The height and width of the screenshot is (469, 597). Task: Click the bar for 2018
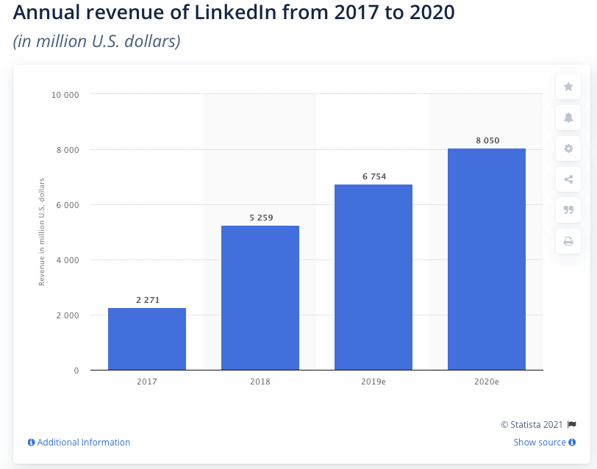point(260,297)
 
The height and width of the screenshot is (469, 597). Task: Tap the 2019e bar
point(373,276)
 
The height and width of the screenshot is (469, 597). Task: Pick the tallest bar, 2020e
point(487,259)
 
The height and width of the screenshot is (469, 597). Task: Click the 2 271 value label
point(147,300)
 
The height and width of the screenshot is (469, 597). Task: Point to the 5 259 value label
point(260,218)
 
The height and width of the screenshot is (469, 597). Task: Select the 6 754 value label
point(373,176)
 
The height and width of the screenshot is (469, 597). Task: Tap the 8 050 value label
point(487,140)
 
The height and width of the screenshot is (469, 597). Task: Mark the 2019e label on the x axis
point(373,382)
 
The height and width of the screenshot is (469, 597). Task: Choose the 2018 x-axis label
point(260,382)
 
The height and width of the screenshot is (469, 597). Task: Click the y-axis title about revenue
point(42,232)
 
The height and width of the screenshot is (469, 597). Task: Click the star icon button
point(568,87)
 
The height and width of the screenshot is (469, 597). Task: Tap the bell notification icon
point(568,118)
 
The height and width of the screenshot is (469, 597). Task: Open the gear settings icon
point(568,148)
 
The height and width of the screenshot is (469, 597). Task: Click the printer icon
point(568,240)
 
